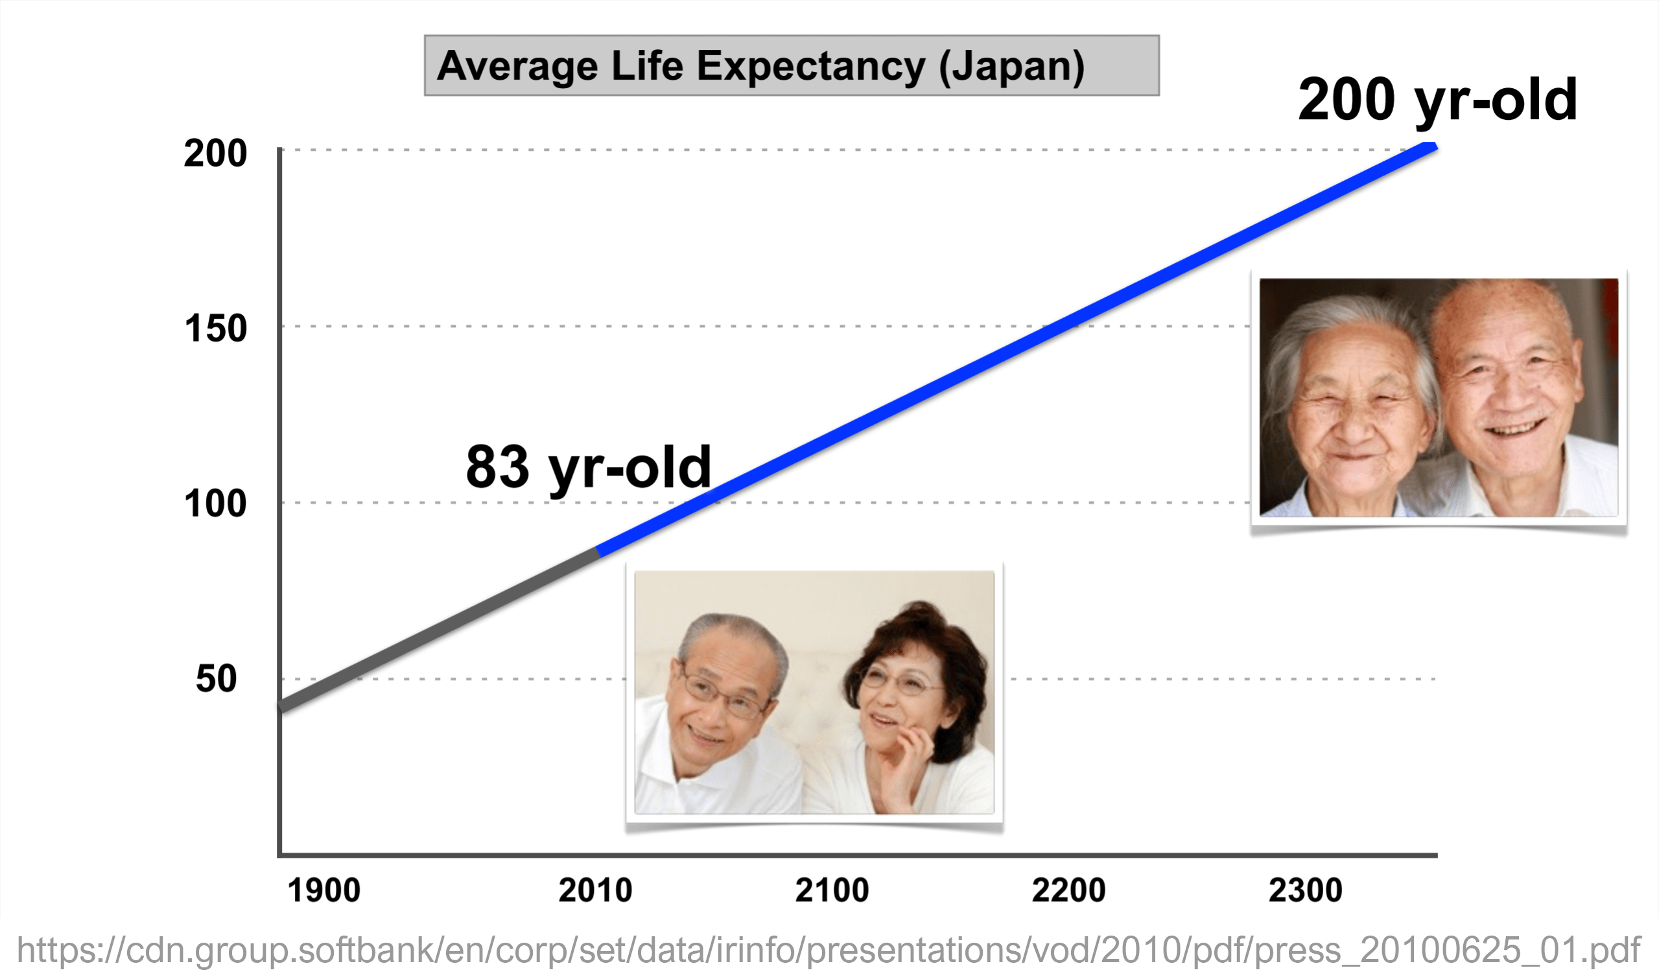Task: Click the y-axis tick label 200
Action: click(215, 154)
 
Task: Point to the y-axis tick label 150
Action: click(215, 328)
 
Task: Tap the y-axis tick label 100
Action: click(215, 504)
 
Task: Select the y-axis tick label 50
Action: click(216, 679)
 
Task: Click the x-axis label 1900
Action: click(324, 891)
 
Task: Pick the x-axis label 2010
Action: click(594, 891)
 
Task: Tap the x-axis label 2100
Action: click(832, 891)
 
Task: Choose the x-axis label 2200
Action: click(1068, 891)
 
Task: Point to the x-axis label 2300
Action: click(1304, 891)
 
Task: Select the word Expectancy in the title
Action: click(811, 67)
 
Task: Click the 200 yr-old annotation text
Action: click(1437, 100)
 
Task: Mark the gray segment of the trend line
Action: click(439, 630)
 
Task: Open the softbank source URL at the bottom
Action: click(829, 950)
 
